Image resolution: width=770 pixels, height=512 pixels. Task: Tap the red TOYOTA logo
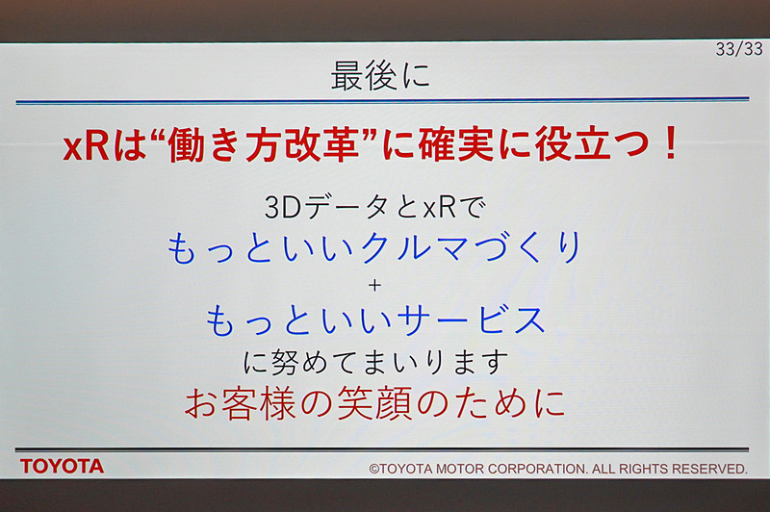tap(63, 467)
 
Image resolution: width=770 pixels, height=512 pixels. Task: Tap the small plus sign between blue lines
tap(375, 286)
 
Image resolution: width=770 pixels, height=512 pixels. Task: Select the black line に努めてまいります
tap(375, 363)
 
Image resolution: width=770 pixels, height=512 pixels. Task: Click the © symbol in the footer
tap(375, 469)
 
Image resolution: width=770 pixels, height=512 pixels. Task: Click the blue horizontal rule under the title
tap(382, 100)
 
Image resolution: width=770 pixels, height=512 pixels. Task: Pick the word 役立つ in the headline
tap(582, 145)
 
